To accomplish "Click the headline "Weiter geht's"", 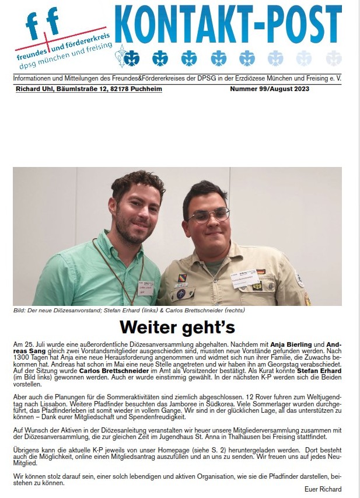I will click(177, 326).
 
